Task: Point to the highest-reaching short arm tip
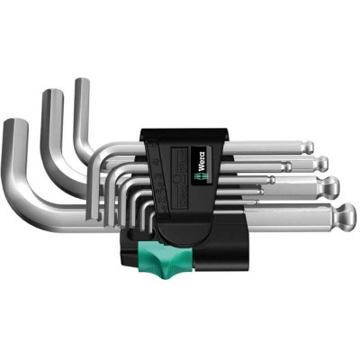(82, 83)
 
